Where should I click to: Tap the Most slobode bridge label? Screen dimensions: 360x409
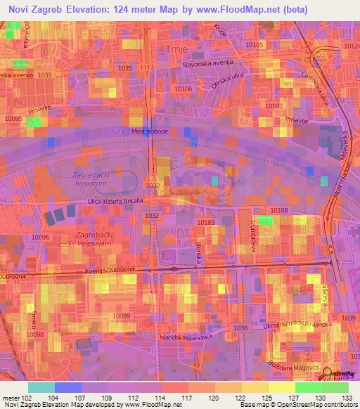point(150,131)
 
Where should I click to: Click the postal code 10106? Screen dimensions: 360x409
point(184,89)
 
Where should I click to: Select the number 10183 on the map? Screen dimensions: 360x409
point(206,222)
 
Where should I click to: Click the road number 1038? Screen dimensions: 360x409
point(240,328)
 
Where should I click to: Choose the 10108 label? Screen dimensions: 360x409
point(280,211)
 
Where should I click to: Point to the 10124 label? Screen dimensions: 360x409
point(352,45)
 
